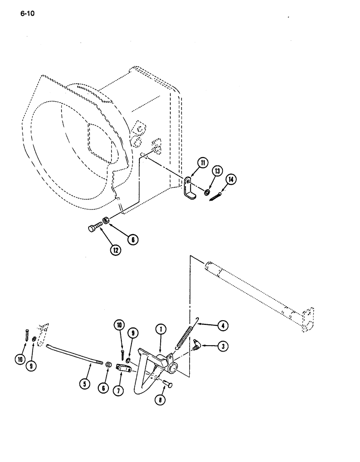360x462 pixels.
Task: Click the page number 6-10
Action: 28,13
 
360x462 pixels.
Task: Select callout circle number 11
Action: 190,163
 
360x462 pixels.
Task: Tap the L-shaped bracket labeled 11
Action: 189,189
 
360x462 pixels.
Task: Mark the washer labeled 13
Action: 207,191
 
